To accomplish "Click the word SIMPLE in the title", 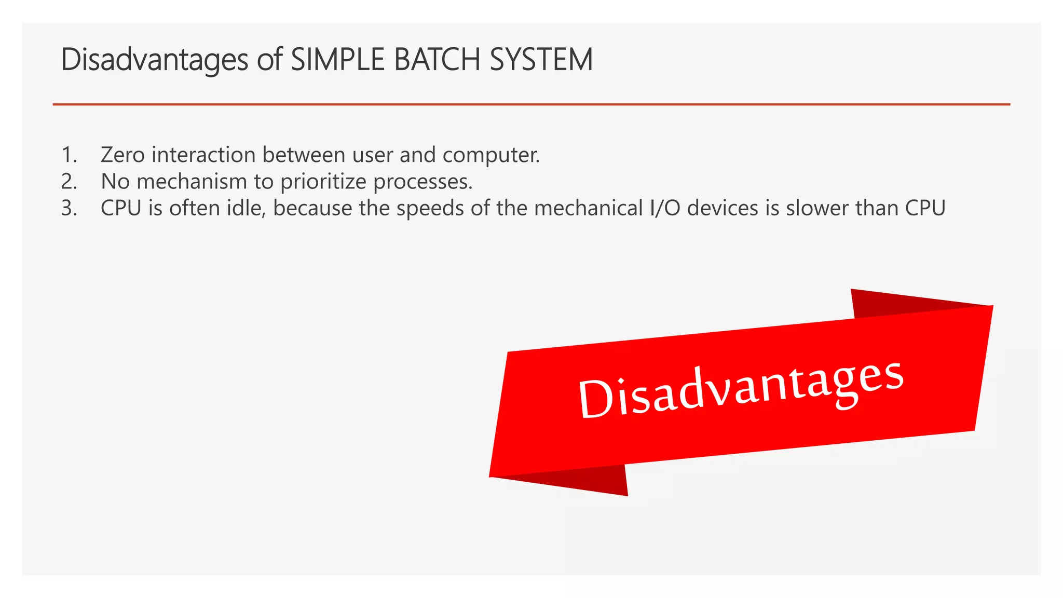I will (x=339, y=59).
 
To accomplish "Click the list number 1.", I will (x=69, y=155).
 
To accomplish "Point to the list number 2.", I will (x=69, y=181).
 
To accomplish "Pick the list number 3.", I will (x=69, y=208).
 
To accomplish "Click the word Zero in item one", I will (x=122, y=155).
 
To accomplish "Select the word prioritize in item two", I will (x=323, y=182).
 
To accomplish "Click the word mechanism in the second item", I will (x=192, y=181).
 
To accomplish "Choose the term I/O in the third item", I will (x=665, y=208).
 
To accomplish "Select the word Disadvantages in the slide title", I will (x=155, y=59).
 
